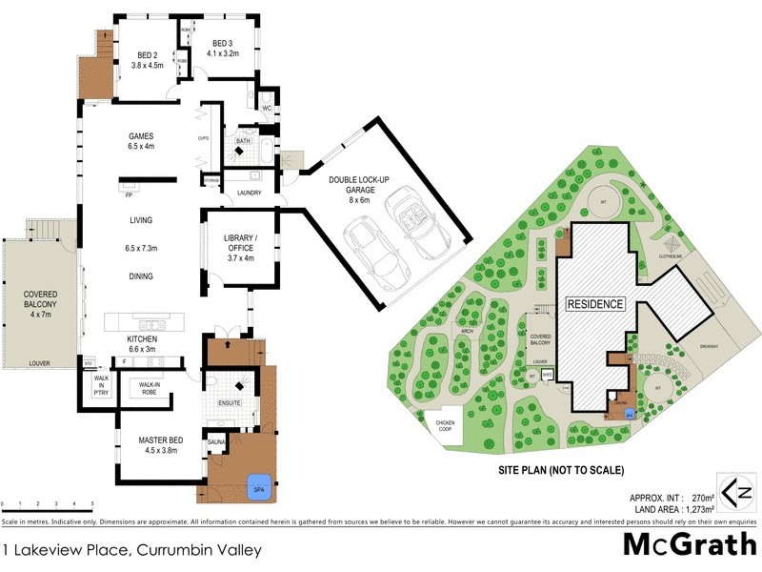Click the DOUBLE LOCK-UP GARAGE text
[363, 190]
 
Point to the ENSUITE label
[230, 403]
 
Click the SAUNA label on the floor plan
[215, 442]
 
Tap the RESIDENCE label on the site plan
[595, 305]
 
